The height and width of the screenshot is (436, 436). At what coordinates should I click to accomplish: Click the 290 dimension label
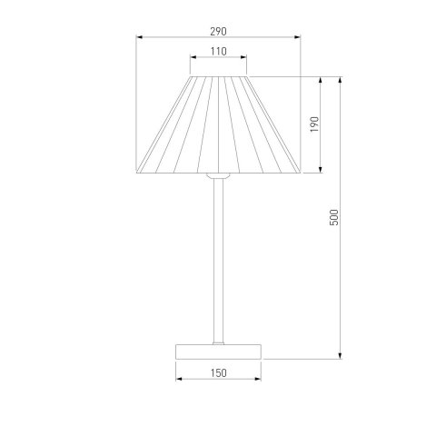click(218, 32)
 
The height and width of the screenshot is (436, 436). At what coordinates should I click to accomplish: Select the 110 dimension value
click(219, 52)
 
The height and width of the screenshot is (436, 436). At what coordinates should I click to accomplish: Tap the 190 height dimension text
click(315, 124)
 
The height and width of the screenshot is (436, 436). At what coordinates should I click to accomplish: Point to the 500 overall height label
click(333, 217)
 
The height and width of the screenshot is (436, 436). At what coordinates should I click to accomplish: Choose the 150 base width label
click(218, 373)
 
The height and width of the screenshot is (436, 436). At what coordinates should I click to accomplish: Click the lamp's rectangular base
click(218, 352)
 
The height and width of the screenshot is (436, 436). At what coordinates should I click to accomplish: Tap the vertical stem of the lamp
click(219, 261)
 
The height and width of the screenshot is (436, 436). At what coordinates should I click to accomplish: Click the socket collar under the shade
click(218, 175)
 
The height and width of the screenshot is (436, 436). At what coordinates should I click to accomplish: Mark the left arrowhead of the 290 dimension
click(139, 37)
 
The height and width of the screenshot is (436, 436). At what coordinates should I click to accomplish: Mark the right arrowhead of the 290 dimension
click(297, 37)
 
